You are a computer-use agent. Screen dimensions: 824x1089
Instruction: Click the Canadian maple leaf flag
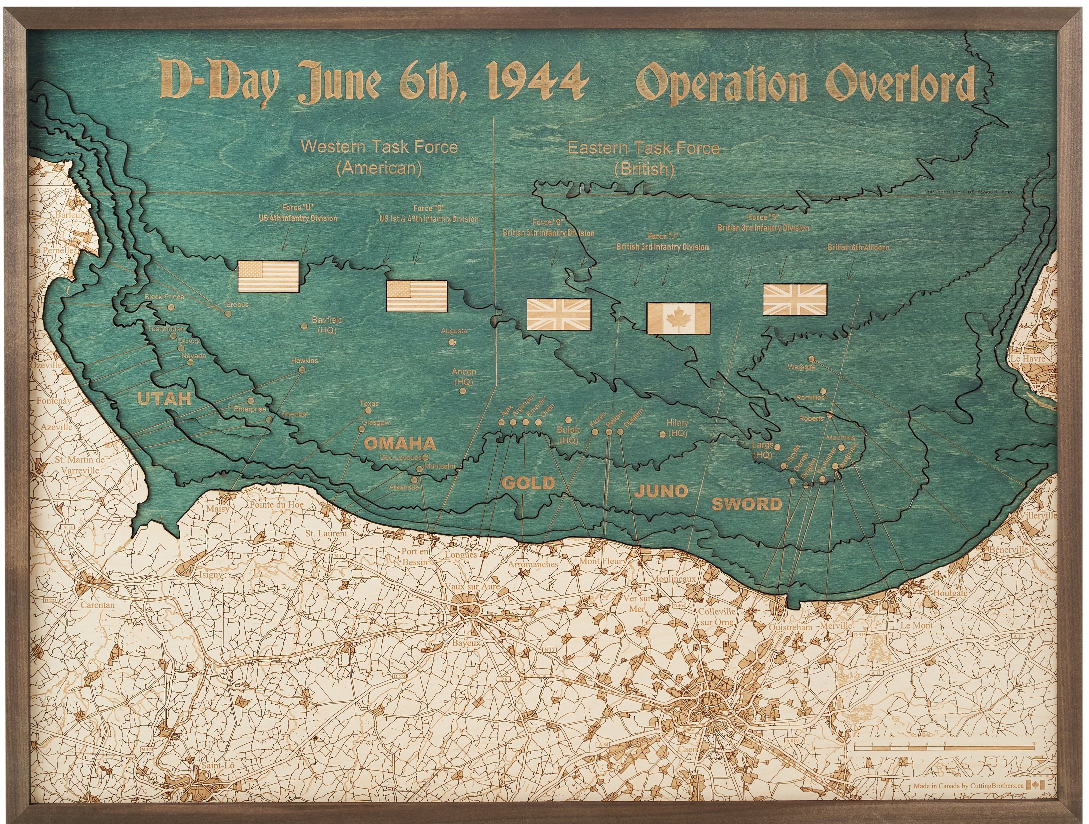point(678,319)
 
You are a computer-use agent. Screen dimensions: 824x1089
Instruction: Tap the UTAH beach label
point(164,399)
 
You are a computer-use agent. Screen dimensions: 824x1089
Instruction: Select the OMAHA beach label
point(399,444)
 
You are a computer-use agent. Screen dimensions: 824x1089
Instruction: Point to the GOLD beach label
point(528,483)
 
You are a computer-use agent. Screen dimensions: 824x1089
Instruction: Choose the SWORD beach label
point(747,504)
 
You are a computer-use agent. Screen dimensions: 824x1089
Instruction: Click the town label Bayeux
point(466,643)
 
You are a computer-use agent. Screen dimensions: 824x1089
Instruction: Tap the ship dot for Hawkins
point(302,369)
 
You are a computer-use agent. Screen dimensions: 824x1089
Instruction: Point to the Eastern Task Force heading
point(643,148)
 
